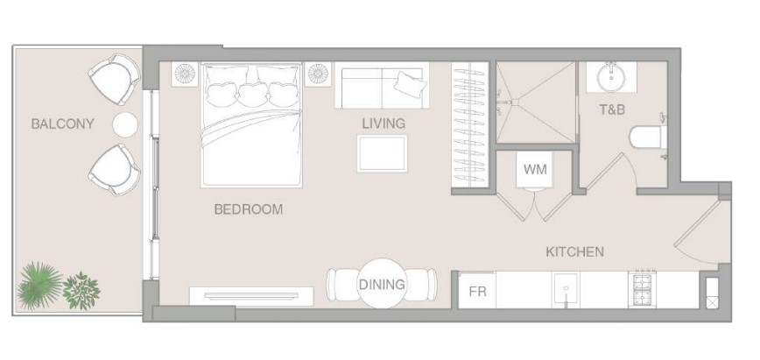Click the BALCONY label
click(x=62, y=124)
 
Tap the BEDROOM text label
click(x=248, y=209)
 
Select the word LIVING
click(x=384, y=124)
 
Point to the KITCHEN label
click(x=575, y=251)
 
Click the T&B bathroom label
click(x=612, y=109)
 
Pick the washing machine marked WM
click(x=535, y=169)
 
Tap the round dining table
click(x=382, y=284)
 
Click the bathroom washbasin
click(x=610, y=78)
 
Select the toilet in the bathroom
click(x=648, y=138)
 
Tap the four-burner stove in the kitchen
click(x=642, y=289)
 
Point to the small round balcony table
click(x=125, y=124)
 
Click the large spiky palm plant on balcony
click(x=39, y=286)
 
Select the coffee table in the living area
click(x=383, y=154)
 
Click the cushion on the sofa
click(x=410, y=83)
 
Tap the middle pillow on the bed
click(x=252, y=94)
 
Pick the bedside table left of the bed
click(x=185, y=74)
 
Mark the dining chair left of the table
click(x=342, y=285)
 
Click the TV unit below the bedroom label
click(x=251, y=296)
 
